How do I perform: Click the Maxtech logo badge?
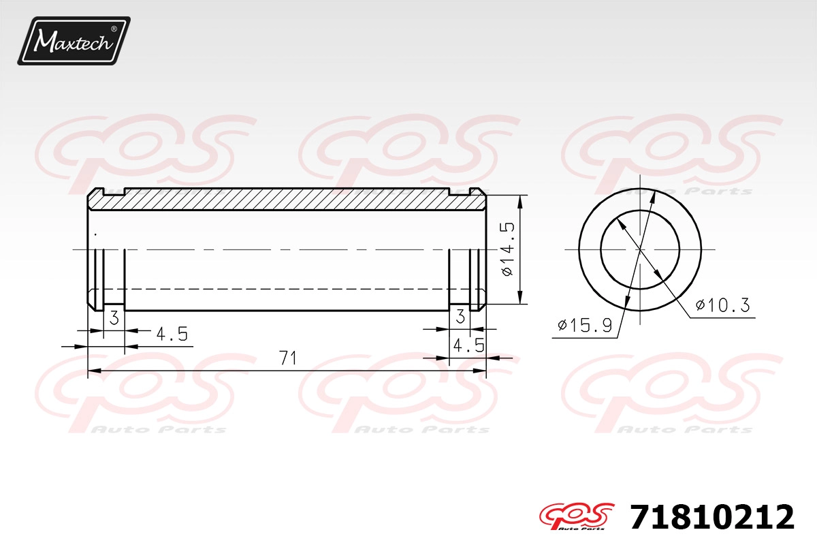pyautogui.click(x=74, y=41)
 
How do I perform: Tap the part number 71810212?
pyautogui.click(x=711, y=517)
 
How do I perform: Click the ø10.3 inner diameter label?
pyautogui.click(x=722, y=305)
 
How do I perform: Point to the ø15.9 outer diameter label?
pyautogui.click(x=585, y=325)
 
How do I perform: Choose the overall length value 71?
pyautogui.click(x=288, y=358)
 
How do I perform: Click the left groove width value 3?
pyautogui.click(x=114, y=317)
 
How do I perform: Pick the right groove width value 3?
pyautogui.click(x=460, y=316)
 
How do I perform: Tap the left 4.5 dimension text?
pyautogui.click(x=172, y=334)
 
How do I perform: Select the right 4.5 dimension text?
pyautogui.click(x=468, y=345)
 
